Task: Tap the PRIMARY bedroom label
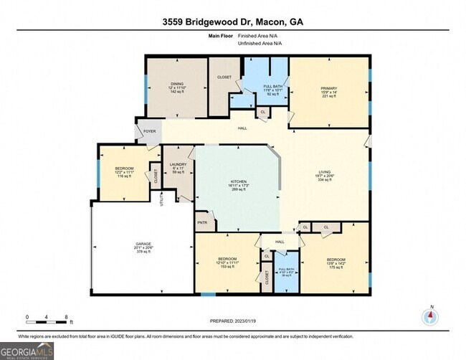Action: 328,88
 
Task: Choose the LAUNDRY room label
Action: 178,165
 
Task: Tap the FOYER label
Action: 149,132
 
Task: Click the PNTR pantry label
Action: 201,223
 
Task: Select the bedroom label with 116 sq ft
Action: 119,169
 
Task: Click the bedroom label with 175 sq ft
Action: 336,260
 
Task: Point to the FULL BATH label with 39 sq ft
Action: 286,270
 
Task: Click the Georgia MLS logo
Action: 27,351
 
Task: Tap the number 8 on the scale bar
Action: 66,316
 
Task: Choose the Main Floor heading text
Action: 222,34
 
